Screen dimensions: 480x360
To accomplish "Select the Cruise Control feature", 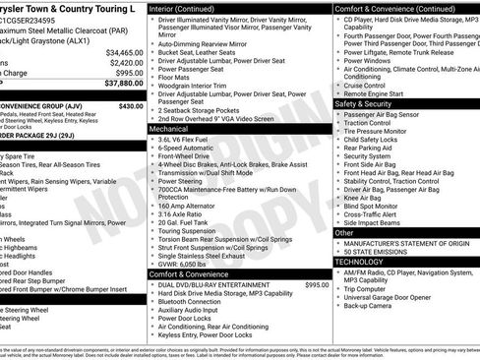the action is tap(366, 86).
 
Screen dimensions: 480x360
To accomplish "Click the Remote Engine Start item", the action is tap(374, 94).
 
